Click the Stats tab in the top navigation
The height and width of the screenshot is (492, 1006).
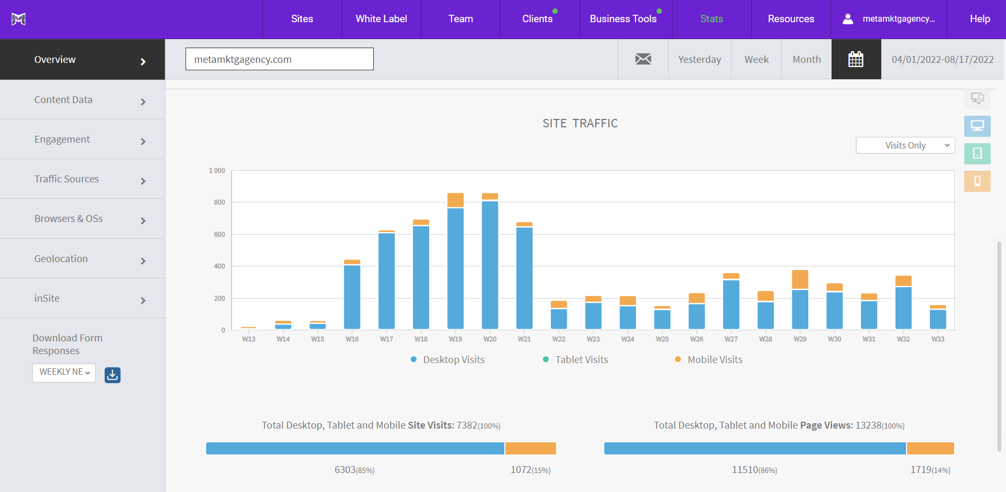point(711,19)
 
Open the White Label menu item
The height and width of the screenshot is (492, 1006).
point(381,19)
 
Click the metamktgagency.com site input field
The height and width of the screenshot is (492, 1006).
point(279,59)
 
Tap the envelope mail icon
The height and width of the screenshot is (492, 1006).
point(643,59)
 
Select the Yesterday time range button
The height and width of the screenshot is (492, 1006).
point(699,60)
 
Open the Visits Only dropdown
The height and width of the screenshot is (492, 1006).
point(905,145)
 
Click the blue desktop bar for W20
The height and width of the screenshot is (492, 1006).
point(490,264)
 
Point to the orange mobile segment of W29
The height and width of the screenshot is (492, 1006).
point(800,280)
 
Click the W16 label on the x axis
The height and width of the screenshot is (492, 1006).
point(352,339)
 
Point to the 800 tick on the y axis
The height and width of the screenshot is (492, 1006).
point(219,202)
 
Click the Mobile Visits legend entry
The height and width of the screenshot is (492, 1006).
point(714,360)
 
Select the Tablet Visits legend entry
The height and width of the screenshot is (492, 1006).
point(581,360)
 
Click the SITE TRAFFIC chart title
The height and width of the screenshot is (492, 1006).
point(580,124)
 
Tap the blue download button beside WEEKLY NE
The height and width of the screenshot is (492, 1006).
point(113,375)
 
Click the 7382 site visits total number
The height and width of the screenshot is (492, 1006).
point(467,425)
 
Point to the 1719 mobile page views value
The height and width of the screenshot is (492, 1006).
point(920,470)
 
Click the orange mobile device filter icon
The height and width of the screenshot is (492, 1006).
point(977,181)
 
